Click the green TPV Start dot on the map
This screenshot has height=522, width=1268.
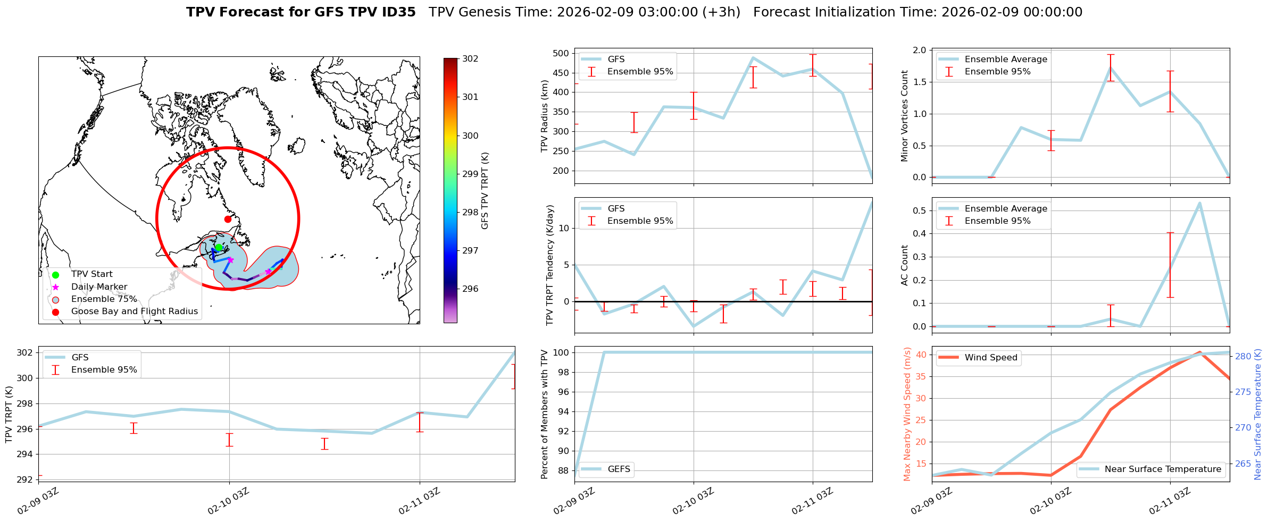tap(219, 247)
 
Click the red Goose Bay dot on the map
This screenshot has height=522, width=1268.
tap(228, 219)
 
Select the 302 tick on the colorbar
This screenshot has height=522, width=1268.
tap(470, 58)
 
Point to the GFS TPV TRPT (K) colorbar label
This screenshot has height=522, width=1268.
tap(485, 190)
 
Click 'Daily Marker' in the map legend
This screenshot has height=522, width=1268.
tap(99, 287)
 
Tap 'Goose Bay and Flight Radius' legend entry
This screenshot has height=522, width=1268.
tap(134, 311)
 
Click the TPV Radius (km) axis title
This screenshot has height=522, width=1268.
tap(544, 116)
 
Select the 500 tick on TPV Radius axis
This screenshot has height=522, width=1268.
tap(562, 53)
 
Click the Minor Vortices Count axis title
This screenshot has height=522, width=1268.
tap(905, 116)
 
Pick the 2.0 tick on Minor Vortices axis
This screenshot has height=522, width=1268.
tap(920, 50)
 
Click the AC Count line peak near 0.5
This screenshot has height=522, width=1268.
tap(1199, 203)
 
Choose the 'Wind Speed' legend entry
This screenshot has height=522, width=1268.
tap(991, 358)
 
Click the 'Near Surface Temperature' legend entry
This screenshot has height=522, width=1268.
tap(1163, 469)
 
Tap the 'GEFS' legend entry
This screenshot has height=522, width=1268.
tap(619, 469)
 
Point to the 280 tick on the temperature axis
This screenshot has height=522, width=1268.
tap(1243, 356)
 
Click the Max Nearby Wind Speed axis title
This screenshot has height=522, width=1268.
tap(907, 414)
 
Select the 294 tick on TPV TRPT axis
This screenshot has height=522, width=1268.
tap(26, 454)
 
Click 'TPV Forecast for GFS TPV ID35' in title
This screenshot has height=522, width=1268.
tap(301, 12)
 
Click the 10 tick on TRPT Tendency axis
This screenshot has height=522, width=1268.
tap(564, 229)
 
